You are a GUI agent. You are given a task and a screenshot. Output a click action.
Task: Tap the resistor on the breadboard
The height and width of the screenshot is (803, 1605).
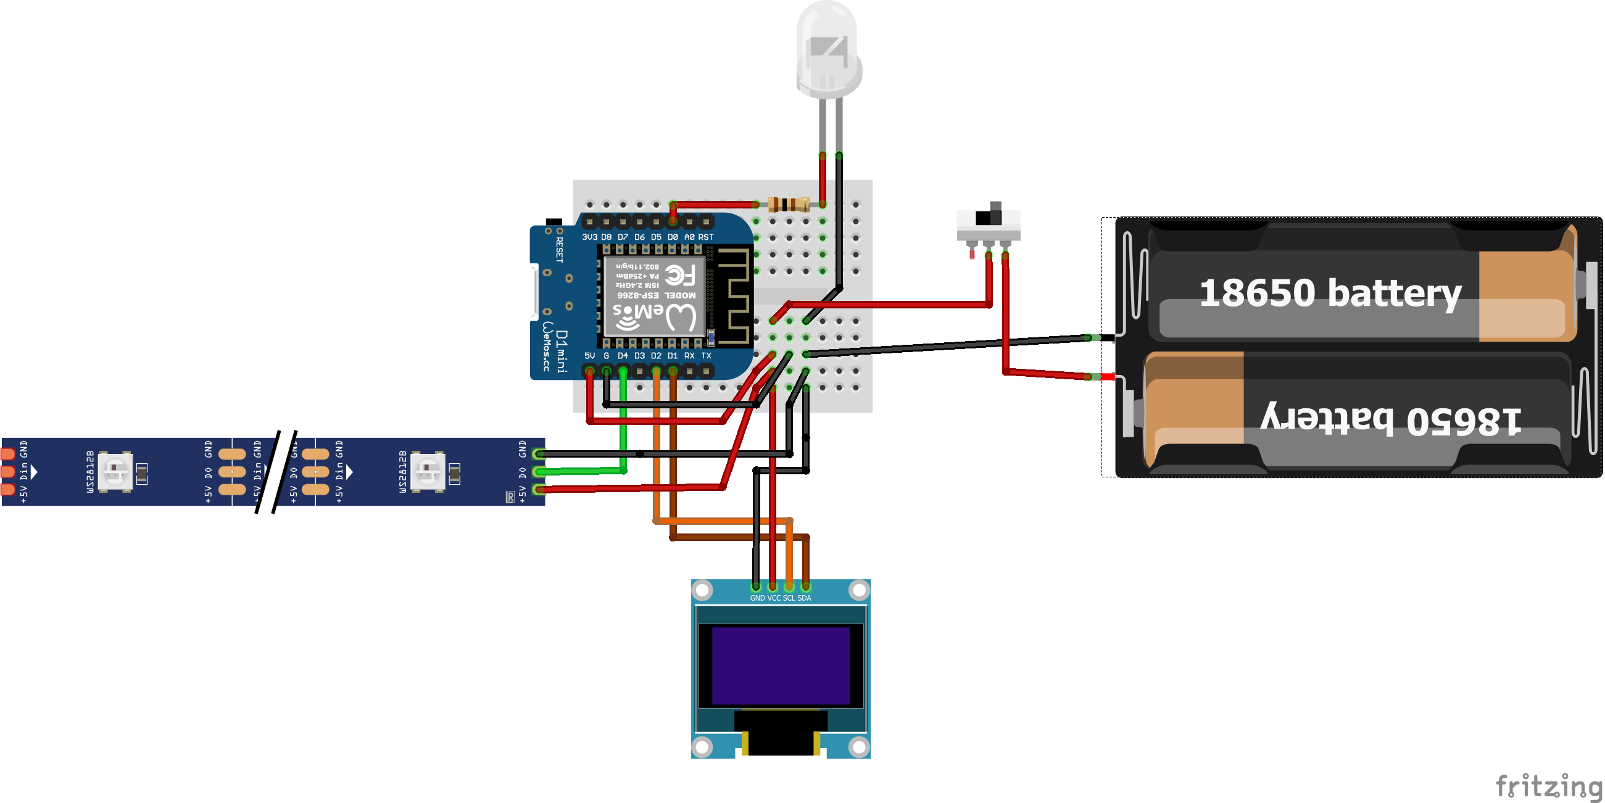click(789, 204)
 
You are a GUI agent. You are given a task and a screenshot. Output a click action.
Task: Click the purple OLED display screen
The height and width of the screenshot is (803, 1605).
click(781, 665)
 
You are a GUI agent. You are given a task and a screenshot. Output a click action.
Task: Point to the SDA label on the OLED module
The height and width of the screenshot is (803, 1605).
click(805, 598)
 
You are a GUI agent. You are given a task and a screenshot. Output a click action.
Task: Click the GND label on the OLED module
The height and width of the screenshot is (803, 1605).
click(757, 598)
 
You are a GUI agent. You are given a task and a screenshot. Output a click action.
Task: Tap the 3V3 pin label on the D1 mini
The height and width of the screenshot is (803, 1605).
click(589, 237)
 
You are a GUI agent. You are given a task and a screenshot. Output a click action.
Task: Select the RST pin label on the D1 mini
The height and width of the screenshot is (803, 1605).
click(706, 237)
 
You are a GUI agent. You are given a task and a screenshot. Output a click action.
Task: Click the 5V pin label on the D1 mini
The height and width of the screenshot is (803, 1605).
click(589, 356)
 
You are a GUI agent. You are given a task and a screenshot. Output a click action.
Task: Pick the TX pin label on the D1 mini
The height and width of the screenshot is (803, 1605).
click(706, 356)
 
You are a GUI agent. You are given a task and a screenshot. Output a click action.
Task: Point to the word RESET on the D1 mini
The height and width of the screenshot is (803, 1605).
click(560, 249)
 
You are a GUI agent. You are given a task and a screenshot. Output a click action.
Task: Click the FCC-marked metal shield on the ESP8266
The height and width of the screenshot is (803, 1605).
click(654, 296)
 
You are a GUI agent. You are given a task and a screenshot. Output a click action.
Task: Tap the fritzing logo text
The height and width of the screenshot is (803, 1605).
click(1549, 786)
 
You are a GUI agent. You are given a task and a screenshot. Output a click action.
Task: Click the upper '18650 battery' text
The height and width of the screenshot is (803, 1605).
click(1330, 293)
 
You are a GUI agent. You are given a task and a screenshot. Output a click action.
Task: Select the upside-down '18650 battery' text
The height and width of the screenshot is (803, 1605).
click(1390, 419)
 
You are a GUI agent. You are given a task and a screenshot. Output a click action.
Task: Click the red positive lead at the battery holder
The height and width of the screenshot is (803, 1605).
click(1107, 377)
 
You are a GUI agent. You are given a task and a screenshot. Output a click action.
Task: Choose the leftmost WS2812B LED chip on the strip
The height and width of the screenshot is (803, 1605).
click(116, 471)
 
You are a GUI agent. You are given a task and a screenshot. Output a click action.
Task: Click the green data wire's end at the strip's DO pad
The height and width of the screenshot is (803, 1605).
click(539, 472)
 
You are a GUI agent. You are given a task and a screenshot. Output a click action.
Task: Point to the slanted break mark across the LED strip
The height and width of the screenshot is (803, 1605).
click(276, 472)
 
